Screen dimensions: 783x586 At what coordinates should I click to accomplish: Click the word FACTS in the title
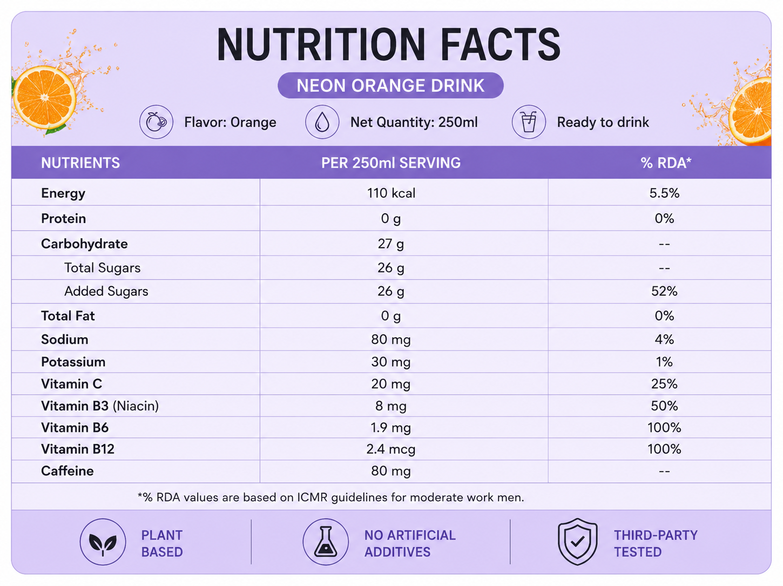pyautogui.click(x=500, y=45)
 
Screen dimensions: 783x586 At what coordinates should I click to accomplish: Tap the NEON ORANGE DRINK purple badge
pyautogui.click(x=390, y=85)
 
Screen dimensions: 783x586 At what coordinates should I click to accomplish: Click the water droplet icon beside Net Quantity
pyautogui.click(x=322, y=122)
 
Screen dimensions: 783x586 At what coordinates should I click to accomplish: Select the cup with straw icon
pyautogui.click(x=528, y=122)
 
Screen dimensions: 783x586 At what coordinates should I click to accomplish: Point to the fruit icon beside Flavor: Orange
pyautogui.click(x=156, y=122)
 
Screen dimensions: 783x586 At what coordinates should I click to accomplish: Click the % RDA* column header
pyautogui.click(x=666, y=163)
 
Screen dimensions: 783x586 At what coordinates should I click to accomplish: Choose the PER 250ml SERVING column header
pyautogui.click(x=390, y=163)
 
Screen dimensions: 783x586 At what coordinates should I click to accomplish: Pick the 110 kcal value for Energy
pyautogui.click(x=391, y=193)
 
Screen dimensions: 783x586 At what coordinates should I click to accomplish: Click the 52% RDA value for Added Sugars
pyautogui.click(x=664, y=292)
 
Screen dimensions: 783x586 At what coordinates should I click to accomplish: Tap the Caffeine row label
pyautogui.click(x=67, y=471)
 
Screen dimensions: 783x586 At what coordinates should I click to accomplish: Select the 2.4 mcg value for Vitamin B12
pyautogui.click(x=390, y=449)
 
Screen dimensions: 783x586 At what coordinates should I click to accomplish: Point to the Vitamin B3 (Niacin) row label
pyautogui.click(x=100, y=406)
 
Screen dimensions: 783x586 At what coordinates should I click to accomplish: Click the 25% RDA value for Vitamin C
pyautogui.click(x=664, y=384)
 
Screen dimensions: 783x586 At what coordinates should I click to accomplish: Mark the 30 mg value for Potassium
pyautogui.click(x=390, y=362)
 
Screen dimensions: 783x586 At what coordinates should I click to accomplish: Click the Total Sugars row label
pyautogui.click(x=103, y=268)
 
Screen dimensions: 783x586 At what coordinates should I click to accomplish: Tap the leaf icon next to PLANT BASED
pyautogui.click(x=103, y=542)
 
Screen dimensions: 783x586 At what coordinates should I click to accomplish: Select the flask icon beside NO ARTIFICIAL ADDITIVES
pyautogui.click(x=325, y=542)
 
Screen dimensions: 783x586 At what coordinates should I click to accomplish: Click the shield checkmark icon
pyautogui.click(x=577, y=542)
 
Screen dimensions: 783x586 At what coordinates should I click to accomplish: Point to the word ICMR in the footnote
pyautogui.click(x=312, y=497)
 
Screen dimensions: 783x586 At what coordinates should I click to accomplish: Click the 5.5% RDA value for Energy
pyautogui.click(x=664, y=193)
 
